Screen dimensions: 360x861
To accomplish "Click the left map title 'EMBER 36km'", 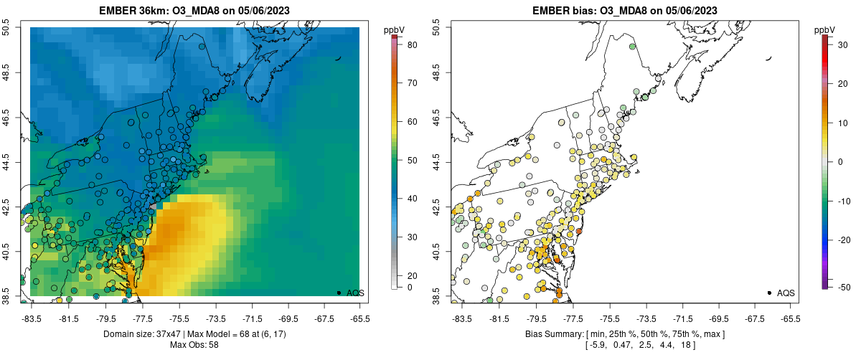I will [132, 10].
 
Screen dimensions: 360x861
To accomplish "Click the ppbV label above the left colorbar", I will [394, 29].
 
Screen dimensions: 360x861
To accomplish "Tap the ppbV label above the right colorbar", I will [825, 29].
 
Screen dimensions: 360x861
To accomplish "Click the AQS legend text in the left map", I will [355, 293].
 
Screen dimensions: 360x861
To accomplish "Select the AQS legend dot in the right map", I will [769, 293].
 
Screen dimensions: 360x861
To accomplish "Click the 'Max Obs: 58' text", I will [194, 345].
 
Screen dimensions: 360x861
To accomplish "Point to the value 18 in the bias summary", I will [682, 345].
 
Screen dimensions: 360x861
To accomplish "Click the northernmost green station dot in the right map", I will [632, 47].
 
